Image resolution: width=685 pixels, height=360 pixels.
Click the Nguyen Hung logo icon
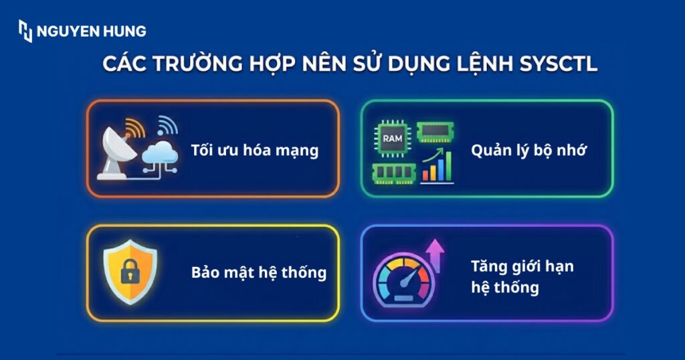(x=25, y=31)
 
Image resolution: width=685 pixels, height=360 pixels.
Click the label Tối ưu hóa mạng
(x=254, y=150)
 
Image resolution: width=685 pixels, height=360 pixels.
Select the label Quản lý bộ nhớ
(x=528, y=150)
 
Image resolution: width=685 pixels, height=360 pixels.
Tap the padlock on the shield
(x=129, y=272)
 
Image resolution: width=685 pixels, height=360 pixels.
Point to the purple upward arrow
(x=435, y=256)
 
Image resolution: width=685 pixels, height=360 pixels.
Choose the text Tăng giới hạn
(x=522, y=266)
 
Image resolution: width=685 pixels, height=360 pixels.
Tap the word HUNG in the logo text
(x=126, y=31)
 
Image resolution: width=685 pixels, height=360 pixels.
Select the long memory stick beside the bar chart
(x=393, y=173)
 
